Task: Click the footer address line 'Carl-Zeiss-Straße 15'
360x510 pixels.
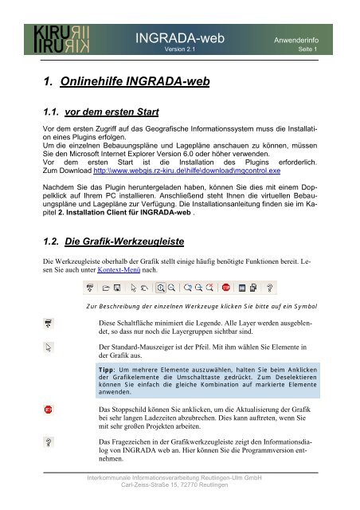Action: point(178,486)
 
